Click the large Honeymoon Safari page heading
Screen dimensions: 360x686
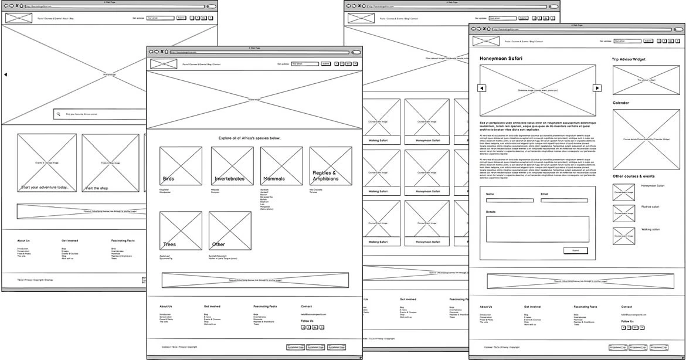pyautogui.click(x=501, y=59)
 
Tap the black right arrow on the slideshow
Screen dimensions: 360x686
pyautogui.click(x=597, y=88)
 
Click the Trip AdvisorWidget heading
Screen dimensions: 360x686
pyautogui.click(x=629, y=59)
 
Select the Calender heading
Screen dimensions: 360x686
pyautogui.click(x=621, y=103)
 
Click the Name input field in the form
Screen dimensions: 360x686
pyautogui.click(x=510, y=201)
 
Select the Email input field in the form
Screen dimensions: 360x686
pyautogui.click(x=564, y=201)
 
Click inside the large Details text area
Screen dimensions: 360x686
pyautogui.click(x=537, y=229)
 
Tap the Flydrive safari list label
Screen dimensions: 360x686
pyautogui.click(x=650, y=207)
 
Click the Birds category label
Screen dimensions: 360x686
pyautogui.click(x=168, y=179)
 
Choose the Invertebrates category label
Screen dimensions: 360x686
pyautogui.click(x=229, y=179)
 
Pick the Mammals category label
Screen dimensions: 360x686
pyautogui.click(x=274, y=179)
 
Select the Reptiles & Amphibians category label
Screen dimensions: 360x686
pyautogui.click(x=326, y=176)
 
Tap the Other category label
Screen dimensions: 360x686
pyautogui.click(x=218, y=244)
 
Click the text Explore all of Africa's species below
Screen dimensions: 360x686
pyautogui.click(x=250, y=138)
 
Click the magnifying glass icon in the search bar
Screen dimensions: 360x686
pyautogui.click(x=58, y=114)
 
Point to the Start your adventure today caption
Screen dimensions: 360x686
pyautogui.click(x=49, y=188)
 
